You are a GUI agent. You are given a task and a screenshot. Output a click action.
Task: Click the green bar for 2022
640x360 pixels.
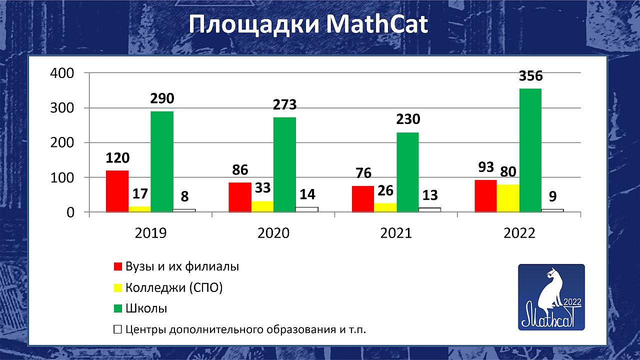(530, 150)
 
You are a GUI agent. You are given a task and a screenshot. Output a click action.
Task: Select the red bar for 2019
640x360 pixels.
(117, 191)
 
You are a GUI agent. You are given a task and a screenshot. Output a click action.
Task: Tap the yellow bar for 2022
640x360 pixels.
(508, 198)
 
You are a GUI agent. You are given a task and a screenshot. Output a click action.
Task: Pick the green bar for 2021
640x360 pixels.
(407, 172)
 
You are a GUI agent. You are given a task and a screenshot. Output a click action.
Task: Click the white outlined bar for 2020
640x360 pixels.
(307, 209)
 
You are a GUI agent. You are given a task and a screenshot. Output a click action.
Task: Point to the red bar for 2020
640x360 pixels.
(240, 197)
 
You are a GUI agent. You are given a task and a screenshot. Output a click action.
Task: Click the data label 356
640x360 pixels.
(530, 76)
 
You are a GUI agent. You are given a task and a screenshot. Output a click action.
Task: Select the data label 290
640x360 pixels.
(162, 98)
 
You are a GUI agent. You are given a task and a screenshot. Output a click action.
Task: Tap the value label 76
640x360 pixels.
(363, 173)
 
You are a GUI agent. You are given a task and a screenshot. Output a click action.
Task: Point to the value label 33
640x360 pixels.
(262, 188)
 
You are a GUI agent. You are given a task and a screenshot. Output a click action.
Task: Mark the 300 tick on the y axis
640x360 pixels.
(62, 108)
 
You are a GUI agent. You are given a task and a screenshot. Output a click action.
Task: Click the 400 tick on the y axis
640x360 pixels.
(62, 73)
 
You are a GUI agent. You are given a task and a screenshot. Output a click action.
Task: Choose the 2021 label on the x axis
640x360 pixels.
(396, 233)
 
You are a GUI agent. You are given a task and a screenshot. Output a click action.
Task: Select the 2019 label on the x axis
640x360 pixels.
(150, 233)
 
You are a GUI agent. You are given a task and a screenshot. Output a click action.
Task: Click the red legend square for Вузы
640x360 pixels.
(117, 266)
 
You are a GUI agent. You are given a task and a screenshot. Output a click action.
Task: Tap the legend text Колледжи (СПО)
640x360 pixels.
(174, 287)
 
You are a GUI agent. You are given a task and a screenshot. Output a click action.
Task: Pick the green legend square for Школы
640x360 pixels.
(117, 308)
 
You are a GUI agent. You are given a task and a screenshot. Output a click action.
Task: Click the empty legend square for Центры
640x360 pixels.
(117, 329)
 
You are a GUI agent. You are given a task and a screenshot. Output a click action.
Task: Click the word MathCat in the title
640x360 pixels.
(377, 24)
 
